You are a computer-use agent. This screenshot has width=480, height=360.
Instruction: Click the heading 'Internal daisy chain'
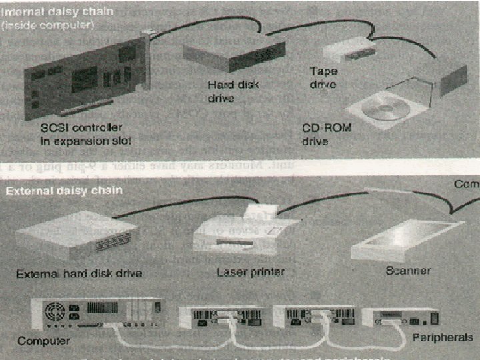pos(50,12)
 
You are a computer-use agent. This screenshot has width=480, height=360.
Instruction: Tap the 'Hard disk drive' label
pos(233,91)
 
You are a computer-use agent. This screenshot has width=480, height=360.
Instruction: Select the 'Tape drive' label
pos(323,77)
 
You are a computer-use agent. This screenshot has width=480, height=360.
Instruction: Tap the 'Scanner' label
pos(408,271)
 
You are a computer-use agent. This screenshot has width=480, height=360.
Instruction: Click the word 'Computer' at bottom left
pos(43,341)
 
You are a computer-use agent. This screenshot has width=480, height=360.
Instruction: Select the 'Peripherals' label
pos(442,337)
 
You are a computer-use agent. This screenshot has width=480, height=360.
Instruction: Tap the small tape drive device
pos(347,50)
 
